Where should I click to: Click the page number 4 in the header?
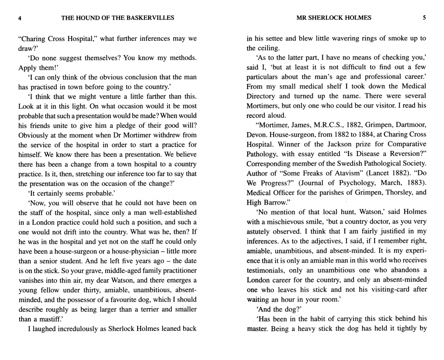(20, 18)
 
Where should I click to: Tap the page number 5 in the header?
(424, 18)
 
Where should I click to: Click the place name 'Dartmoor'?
(409, 125)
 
